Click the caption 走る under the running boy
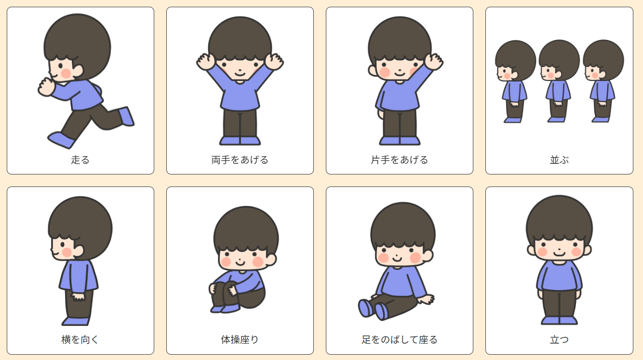80,160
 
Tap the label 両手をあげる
240,160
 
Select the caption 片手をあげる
399,160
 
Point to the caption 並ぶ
559,160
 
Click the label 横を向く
80,340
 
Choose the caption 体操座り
240,340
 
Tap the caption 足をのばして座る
399,340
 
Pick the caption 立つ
559,340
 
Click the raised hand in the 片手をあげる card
434,61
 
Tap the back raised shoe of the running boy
126,116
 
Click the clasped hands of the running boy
46,87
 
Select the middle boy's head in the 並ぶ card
559,61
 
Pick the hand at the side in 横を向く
78,297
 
